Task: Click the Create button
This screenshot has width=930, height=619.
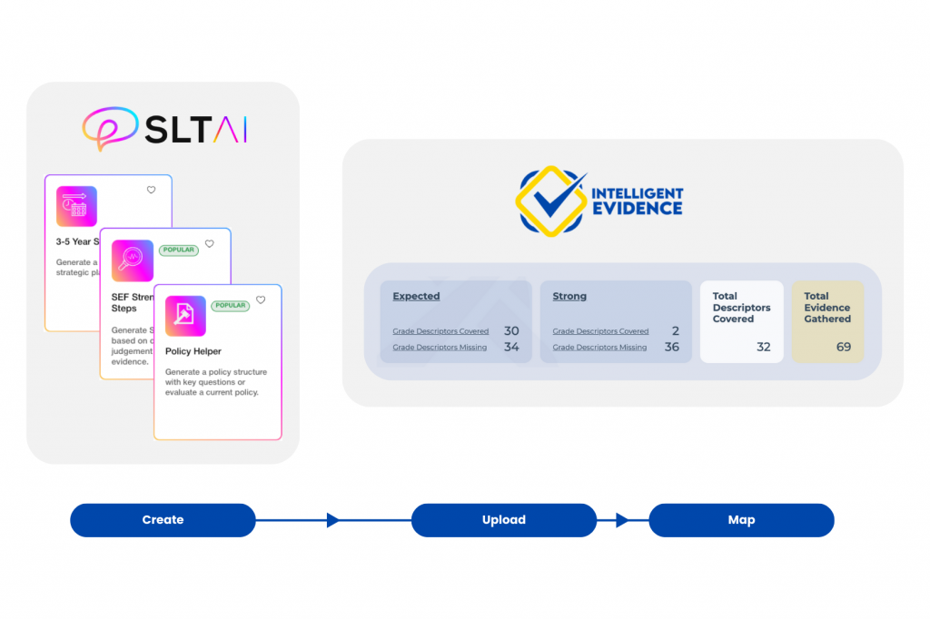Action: coord(163,520)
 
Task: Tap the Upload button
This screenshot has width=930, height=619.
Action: coord(504,520)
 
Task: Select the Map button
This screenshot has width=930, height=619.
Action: coord(741,520)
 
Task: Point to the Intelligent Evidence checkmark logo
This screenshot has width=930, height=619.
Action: coord(551,200)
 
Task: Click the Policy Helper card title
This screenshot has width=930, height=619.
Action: coord(193,351)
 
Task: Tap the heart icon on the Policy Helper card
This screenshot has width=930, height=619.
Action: coord(261,300)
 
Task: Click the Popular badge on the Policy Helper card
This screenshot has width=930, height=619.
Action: coord(230,306)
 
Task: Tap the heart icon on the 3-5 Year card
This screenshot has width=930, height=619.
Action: coord(151,190)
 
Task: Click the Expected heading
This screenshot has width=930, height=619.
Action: coord(416,296)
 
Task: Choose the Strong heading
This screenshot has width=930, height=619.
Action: coord(569,296)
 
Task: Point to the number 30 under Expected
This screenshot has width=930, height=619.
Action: coord(511,331)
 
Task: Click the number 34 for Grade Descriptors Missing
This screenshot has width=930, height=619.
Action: coord(511,347)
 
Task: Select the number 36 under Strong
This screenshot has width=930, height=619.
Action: coord(671,347)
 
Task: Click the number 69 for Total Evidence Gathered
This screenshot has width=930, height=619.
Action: coord(843,347)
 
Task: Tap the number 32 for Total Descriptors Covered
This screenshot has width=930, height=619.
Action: coord(763,347)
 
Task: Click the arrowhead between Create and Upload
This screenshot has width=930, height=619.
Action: coord(332,520)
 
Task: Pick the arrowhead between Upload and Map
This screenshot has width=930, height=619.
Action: coord(622,520)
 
